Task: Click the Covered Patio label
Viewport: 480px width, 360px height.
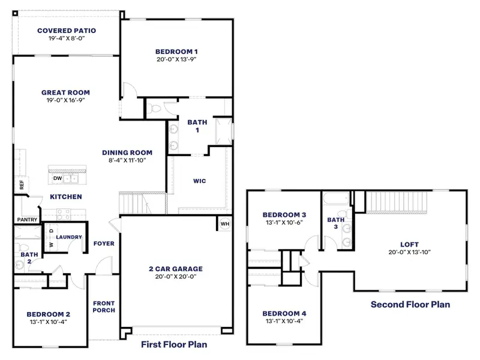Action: [x=67, y=31]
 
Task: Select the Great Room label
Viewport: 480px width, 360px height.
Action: [x=65, y=92]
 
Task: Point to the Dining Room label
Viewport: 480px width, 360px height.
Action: [x=127, y=152]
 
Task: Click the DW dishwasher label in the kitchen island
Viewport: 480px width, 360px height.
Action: [x=58, y=178]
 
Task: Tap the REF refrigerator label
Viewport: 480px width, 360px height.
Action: [x=22, y=185]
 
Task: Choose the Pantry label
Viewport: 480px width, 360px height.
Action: [x=27, y=220]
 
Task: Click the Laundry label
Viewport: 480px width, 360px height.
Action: [x=69, y=237]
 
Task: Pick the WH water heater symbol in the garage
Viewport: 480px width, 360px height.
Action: [x=224, y=224]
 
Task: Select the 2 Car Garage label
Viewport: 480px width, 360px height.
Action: [x=175, y=269]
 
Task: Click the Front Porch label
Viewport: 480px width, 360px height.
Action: [x=103, y=307]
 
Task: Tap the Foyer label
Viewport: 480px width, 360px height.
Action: [x=104, y=244]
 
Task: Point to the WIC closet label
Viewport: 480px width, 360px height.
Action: [x=200, y=181]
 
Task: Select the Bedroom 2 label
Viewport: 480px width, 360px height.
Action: [x=49, y=314]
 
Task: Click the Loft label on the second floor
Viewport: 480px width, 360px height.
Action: [x=410, y=244]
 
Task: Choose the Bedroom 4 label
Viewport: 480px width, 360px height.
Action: [x=284, y=314]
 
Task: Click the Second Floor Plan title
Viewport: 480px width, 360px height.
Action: [x=410, y=304]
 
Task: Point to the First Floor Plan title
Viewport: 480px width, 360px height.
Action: [x=174, y=344]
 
